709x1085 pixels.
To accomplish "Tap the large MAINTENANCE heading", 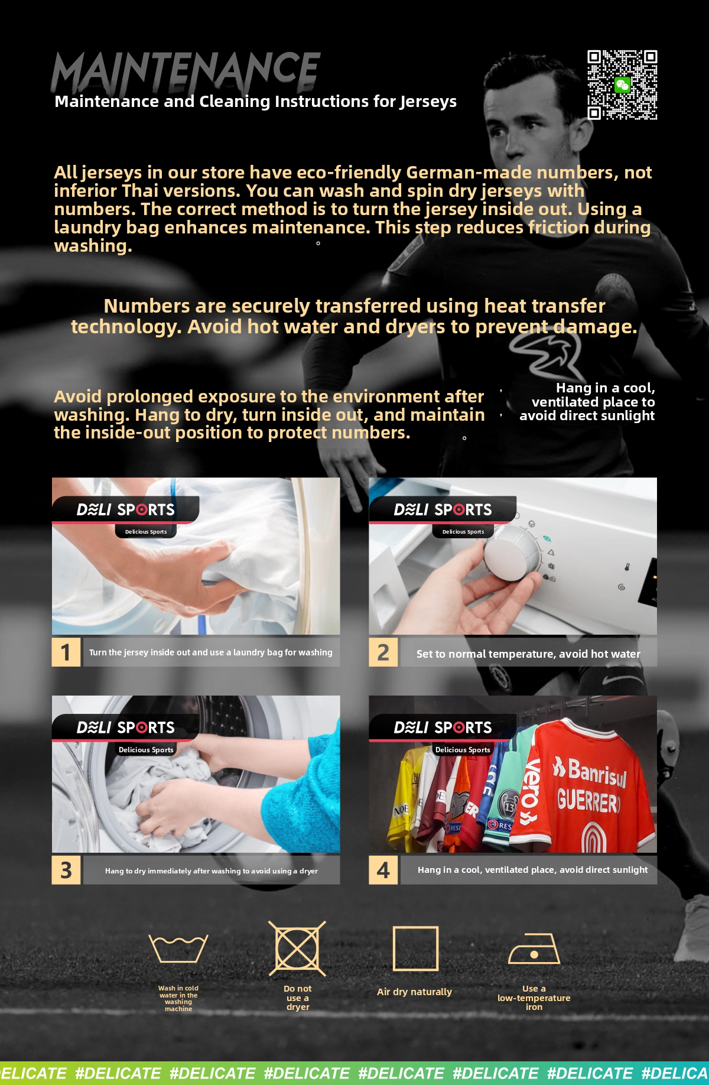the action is tap(186, 70).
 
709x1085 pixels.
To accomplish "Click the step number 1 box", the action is tap(66, 652).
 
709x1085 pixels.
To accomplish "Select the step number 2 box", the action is tap(383, 652).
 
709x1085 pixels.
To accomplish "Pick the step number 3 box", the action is tap(66, 870).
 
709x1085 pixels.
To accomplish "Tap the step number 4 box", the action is tap(383, 870).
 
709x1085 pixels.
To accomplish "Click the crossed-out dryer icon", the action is tap(297, 948).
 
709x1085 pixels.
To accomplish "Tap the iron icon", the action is tap(534, 948).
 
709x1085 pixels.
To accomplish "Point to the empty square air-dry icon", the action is tap(415, 948).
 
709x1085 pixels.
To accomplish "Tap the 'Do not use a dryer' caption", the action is tap(298, 998).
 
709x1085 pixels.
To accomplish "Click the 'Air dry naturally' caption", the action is tap(414, 992).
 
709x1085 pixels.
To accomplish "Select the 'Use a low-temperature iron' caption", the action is tap(534, 998).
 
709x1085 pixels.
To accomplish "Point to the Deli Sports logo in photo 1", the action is tap(125, 509).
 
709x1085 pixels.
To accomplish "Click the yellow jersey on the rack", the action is tap(408, 795).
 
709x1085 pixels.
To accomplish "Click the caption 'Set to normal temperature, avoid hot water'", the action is tap(528, 654).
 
